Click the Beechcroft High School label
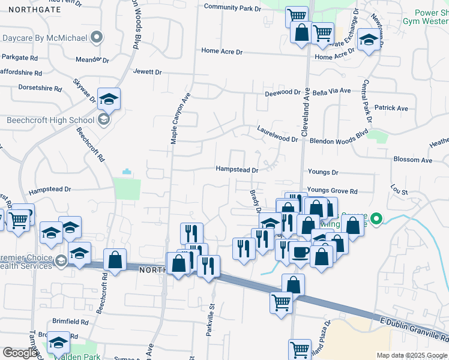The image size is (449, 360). point(50,120)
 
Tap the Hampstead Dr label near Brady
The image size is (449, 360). point(237,170)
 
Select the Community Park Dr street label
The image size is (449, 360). point(233,7)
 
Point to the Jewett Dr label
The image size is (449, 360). point(148,72)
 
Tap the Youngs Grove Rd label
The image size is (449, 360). point(332,191)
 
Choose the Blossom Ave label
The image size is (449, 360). point(413,160)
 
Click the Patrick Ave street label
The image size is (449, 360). point(391,108)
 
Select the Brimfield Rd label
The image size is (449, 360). point(71,322)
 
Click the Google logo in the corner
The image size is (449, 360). point(20,353)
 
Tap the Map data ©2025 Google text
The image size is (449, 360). point(412,355)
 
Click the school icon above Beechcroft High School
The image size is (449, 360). point(109,98)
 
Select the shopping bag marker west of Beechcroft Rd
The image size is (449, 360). point(115,260)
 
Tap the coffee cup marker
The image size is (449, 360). point(301,252)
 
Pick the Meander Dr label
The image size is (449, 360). point(92,60)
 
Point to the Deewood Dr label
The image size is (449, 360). point(283,93)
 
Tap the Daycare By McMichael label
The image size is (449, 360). point(45,38)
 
